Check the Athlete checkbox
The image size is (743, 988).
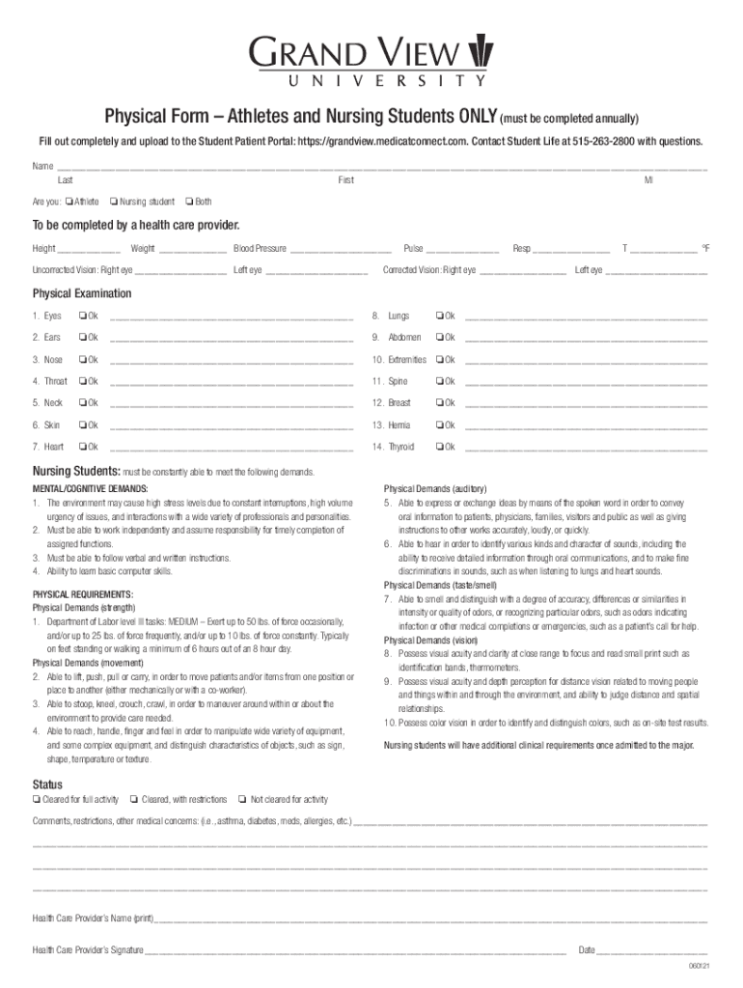(x=70, y=202)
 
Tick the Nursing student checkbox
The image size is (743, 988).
(x=115, y=202)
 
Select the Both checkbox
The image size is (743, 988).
(x=189, y=202)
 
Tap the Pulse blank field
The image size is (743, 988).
(x=462, y=250)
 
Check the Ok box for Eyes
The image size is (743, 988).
(x=84, y=316)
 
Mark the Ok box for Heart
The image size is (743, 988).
(x=84, y=447)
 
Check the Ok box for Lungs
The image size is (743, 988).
(x=439, y=316)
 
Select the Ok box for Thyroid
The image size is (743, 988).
(x=439, y=447)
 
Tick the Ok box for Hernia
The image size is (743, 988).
(x=439, y=425)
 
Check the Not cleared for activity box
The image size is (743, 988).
(x=242, y=799)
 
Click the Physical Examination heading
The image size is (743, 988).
(x=82, y=293)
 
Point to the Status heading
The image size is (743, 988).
(x=47, y=783)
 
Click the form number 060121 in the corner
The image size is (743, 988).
(x=699, y=967)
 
